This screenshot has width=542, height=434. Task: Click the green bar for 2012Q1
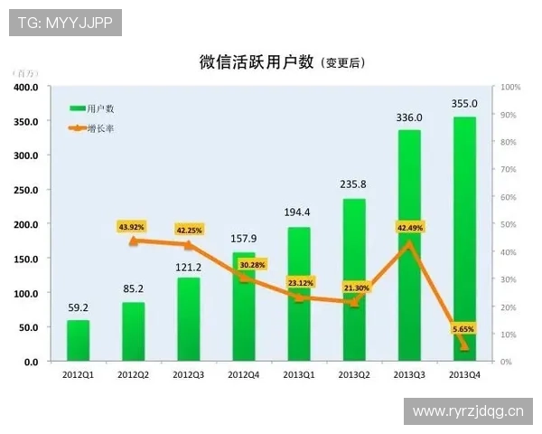click(79, 341)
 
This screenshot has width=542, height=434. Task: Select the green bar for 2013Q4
click(464, 240)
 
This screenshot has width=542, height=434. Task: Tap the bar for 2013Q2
click(354, 280)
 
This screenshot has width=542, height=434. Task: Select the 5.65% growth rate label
click(463, 329)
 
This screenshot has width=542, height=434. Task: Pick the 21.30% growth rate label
click(354, 288)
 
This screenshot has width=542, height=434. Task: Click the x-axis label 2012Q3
click(188, 374)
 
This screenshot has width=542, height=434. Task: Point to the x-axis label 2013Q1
click(298, 374)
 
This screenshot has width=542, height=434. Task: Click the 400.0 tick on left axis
click(24, 88)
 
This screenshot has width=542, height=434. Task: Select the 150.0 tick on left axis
click(24, 259)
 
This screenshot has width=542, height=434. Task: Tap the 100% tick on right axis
click(510, 88)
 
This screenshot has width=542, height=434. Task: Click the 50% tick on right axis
click(510, 224)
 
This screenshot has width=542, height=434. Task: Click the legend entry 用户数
click(100, 108)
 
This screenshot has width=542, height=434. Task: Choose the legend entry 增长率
click(100, 128)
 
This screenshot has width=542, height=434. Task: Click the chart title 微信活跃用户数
click(257, 61)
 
